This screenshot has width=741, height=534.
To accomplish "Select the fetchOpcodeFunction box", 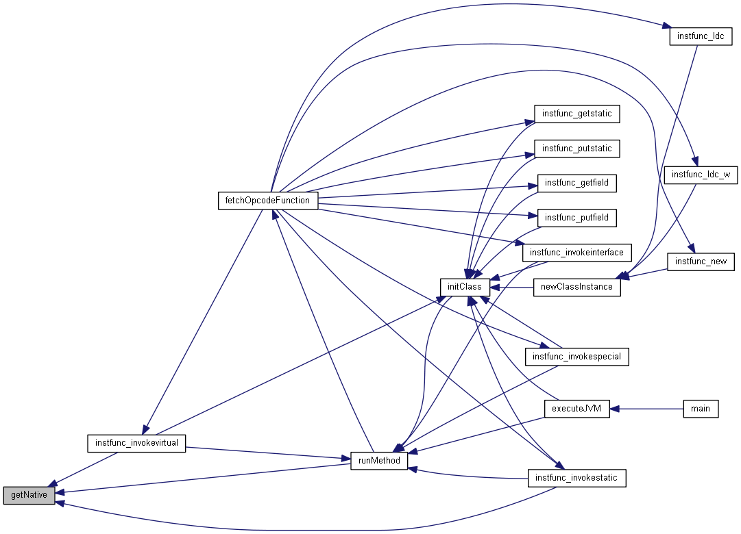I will click(x=267, y=201).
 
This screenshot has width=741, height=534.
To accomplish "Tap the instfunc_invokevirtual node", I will click(x=137, y=443).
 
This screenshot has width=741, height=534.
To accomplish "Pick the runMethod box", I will click(x=379, y=461).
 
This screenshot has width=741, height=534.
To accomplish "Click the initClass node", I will click(x=465, y=287).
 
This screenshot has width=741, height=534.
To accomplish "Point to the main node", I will click(x=701, y=409).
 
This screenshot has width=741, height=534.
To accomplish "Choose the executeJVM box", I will click(x=576, y=409).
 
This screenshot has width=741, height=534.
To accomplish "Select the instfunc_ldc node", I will click(x=695, y=36).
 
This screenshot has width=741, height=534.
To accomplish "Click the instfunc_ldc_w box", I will click(x=701, y=175).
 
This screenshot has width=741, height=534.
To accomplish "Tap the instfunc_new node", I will click(x=701, y=262).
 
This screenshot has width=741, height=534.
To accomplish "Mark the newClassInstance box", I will click(x=576, y=287).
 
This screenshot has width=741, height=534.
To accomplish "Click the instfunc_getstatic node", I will click(x=576, y=114).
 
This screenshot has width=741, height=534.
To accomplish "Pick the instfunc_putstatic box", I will click(x=576, y=149).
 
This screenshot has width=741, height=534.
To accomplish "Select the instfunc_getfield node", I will click(x=576, y=183).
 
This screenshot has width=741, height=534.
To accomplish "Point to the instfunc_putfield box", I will click(x=576, y=218).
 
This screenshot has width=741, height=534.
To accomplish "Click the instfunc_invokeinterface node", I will click(x=576, y=253).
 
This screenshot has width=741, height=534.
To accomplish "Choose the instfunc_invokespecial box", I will click(x=576, y=357).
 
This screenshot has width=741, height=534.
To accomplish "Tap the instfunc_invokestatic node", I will click(x=576, y=478).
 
